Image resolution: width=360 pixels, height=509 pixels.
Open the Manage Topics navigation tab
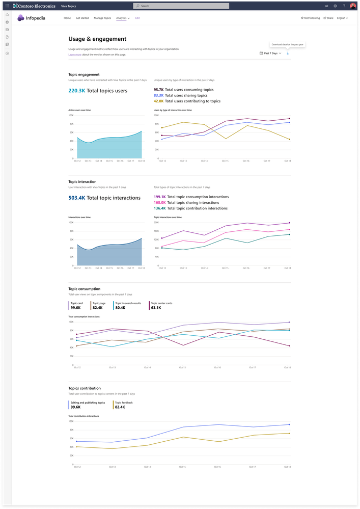(102, 18)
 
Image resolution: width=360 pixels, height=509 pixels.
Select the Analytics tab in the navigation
(122, 18)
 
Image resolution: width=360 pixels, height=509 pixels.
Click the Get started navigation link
(82, 18)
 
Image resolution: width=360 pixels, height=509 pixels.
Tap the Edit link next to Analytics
(137, 18)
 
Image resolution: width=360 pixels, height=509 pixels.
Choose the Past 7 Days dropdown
(270, 53)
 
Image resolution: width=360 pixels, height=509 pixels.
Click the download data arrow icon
(288, 53)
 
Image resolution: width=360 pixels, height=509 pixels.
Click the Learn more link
(75, 55)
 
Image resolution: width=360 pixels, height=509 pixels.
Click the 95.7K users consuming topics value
(158, 90)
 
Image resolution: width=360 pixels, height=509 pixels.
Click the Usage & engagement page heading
(97, 39)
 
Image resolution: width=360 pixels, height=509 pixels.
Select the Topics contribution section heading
(85, 388)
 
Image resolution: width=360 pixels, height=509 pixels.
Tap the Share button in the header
(328, 18)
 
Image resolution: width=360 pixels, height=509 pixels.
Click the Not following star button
(311, 18)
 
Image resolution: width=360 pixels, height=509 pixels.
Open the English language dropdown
(342, 18)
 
